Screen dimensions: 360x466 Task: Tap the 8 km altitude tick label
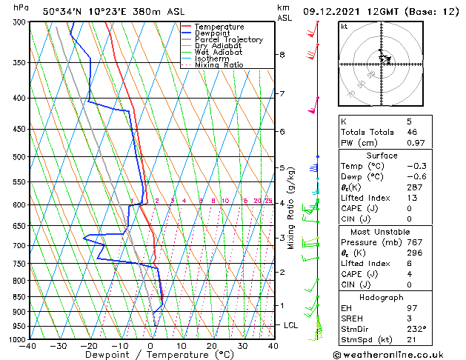pos(282,55)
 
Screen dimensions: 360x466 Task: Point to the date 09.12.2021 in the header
pos(331,11)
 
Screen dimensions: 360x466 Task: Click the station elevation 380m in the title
pos(122,11)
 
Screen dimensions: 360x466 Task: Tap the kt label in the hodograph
pos(344,27)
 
